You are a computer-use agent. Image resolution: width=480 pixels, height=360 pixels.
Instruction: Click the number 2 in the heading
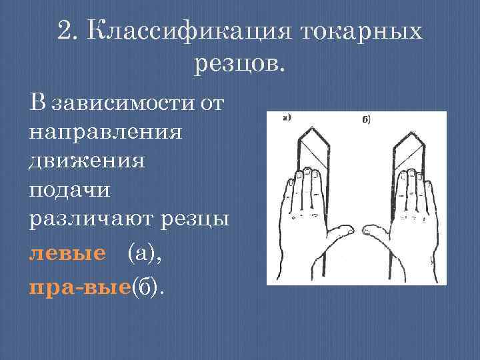click(65, 31)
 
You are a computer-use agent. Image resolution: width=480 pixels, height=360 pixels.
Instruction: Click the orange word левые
click(67, 253)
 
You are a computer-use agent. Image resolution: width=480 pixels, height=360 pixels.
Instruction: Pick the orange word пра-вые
click(80, 287)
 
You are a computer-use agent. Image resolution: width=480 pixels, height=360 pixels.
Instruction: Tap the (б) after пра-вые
click(149, 287)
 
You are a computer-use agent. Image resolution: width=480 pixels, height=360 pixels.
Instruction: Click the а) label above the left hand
click(287, 119)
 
